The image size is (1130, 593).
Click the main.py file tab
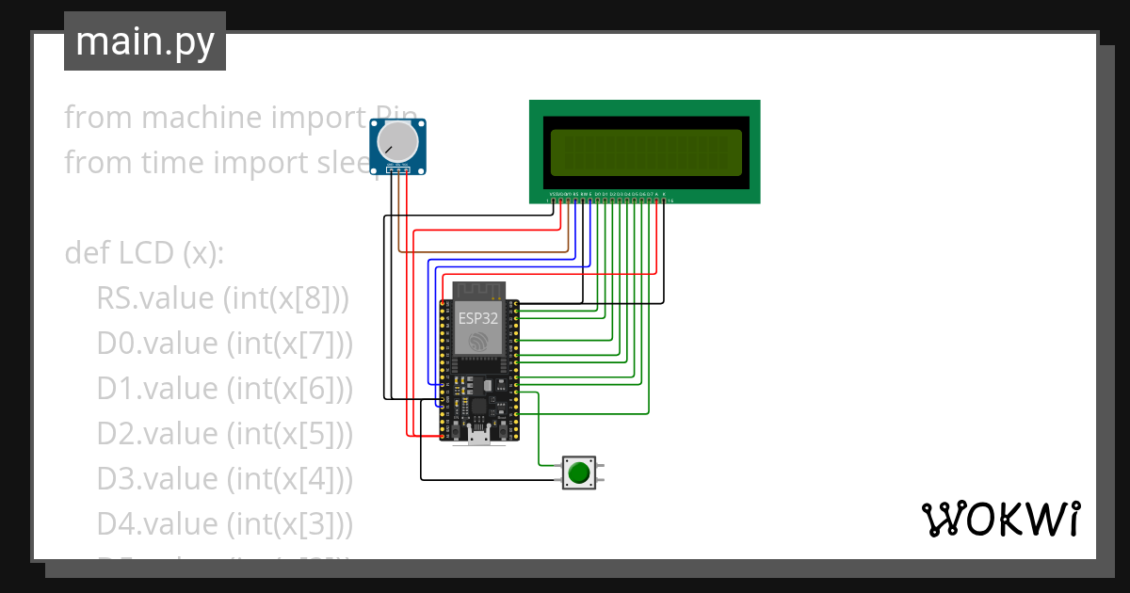144,41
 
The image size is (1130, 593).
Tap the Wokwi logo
999,519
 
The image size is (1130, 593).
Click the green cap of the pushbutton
578,472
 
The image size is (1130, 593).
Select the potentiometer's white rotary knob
395,143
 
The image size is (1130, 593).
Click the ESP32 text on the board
478,318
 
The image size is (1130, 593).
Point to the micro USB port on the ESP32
478,435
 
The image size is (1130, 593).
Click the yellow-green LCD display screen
645,151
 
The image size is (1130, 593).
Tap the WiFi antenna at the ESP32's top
478,289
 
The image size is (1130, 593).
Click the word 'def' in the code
87,253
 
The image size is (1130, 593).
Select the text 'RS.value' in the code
155,298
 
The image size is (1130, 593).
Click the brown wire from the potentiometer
400,216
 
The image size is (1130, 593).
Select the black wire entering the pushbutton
490,480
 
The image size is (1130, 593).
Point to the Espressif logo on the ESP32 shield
478,340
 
